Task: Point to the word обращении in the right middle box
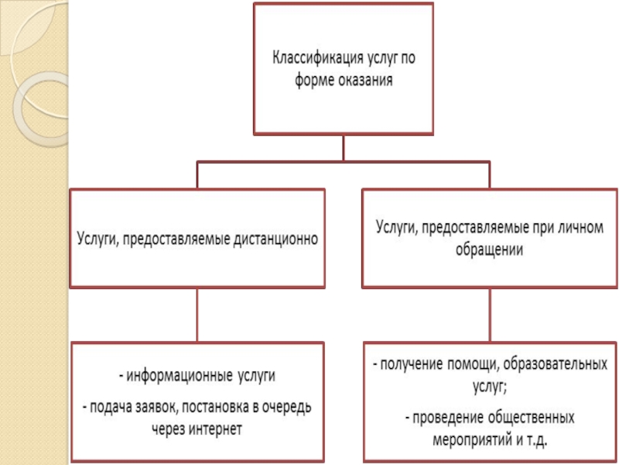487,250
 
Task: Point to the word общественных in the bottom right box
532,418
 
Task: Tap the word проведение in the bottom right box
447,418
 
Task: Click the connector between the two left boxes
197,314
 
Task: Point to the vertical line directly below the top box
343,147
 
